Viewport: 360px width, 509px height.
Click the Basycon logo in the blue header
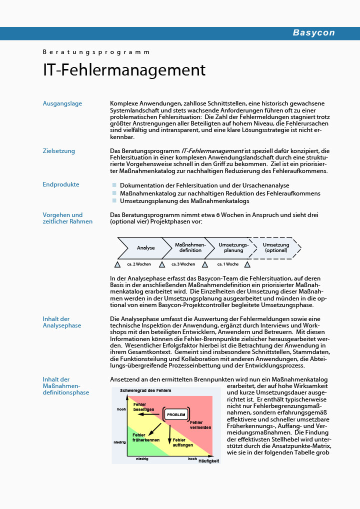pos(313,33)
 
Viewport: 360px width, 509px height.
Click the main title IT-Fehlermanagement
pos(124,70)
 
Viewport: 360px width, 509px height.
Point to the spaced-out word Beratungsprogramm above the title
pos(96,52)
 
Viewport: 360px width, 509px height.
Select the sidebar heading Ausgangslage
pos(62,103)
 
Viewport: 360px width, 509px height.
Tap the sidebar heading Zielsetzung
pos(59,151)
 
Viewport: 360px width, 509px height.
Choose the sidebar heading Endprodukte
pos(61,184)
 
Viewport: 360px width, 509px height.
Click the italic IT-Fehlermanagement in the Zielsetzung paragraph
pos(212,151)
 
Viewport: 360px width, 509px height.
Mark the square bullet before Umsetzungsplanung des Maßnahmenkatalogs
pos(114,201)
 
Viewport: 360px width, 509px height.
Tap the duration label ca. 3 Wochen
pos(183,264)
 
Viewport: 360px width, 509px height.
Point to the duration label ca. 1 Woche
pos(227,264)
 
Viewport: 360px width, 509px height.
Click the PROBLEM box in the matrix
pos(176,414)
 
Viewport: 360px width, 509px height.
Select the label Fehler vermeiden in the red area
pos(200,425)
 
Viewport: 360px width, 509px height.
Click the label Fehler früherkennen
pos(146,437)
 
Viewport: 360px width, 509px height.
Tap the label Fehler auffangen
pos(182,442)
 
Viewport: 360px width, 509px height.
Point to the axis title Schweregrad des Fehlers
pos(145,390)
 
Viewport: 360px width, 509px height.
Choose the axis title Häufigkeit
pos(208,461)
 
